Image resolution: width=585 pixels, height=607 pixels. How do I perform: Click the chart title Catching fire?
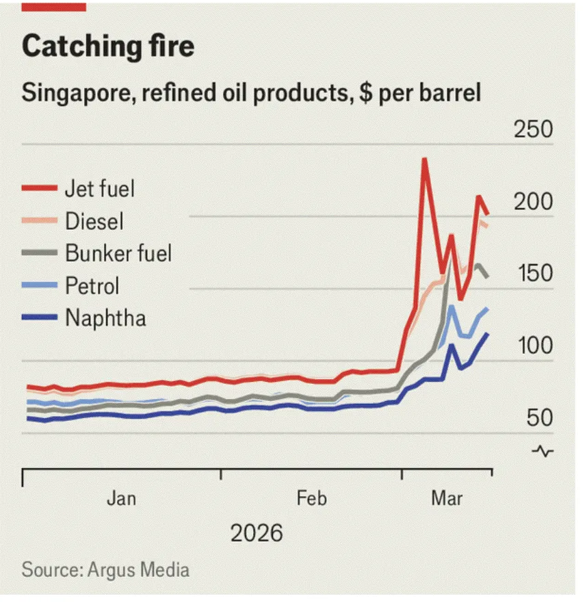(108, 47)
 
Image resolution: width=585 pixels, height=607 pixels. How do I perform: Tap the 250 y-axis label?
(533, 130)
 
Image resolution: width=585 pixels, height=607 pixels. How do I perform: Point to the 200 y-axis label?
(533, 203)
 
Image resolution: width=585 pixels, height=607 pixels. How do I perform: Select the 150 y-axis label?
(533, 274)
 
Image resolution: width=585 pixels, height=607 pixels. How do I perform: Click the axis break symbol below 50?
(543, 451)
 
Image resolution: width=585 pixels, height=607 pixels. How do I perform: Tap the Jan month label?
(121, 498)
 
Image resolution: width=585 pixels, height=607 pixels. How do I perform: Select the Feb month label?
(311, 498)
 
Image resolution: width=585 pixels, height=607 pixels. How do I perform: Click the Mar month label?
(446, 498)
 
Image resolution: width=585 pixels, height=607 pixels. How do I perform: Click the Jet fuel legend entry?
(99, 188)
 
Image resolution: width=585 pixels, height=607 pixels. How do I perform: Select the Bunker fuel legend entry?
(118, 253)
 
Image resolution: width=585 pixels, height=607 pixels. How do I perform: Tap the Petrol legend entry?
(92, 285)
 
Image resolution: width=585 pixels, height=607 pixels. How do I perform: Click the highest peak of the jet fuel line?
(425, 160)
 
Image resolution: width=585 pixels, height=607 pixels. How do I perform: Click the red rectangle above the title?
(53, 6)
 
